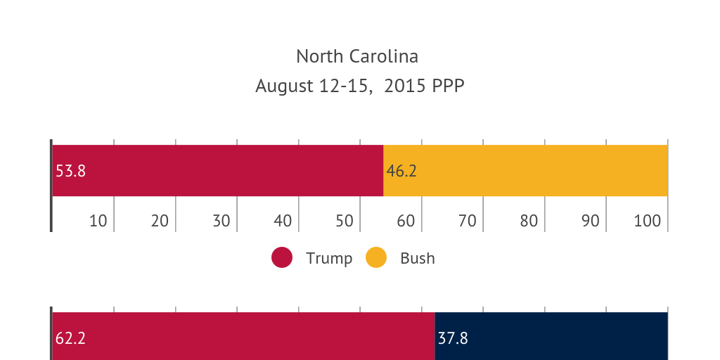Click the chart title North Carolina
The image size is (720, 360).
[356, 56]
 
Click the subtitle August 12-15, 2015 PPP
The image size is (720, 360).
[359, 86]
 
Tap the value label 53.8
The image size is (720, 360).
[70, 171]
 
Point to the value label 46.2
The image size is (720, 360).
[401, 171]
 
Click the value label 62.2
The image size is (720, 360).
[70, 338]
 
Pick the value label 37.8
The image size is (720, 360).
[453, 338]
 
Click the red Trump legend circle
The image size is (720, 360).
[282, 258]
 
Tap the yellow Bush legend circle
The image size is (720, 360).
[376, 258]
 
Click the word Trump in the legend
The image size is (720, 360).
[329, 258]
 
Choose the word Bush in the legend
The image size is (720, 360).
[418, 258]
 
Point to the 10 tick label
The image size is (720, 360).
[98, 221]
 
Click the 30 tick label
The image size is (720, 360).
[221, 221]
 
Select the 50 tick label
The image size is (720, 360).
[344, 221]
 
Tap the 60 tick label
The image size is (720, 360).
[406, 221]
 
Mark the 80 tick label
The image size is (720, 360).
[529, 221]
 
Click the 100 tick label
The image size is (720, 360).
[647, 221]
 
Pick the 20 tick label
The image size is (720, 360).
[160, 221]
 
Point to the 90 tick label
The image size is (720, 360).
[591, 221]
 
